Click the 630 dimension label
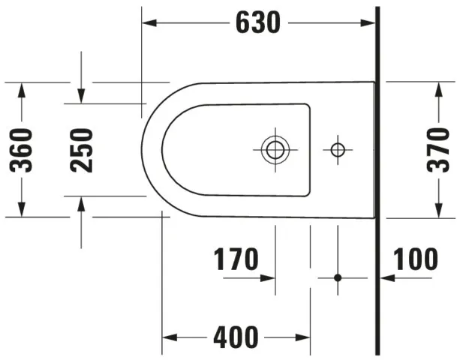click(x=257, y=23)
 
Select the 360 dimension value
click(x=23, y=150)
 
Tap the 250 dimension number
click(x=82, y=150)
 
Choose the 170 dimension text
click(x=236, y=260)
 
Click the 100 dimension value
click(x=415, y=260)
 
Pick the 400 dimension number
click(x=236, y=337)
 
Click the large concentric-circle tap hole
click(x=275, y=150)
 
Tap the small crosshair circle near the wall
click(x=338, y=150)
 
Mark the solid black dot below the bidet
click(x=338, y=277)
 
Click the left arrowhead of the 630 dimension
click(x=149, y=23)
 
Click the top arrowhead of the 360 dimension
click(x=23, y=89)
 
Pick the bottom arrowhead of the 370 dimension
click(x=437, y=211)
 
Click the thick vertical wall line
click(x=378, y=180)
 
